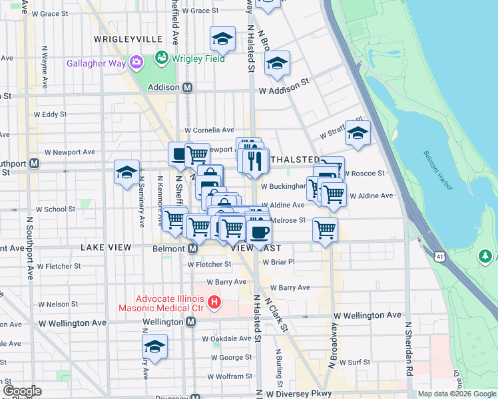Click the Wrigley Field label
pos(198,59)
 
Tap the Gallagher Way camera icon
pos(137,63)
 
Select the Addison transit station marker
pos(188,87)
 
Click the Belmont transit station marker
pos(192,248)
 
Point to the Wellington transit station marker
pos(191,322)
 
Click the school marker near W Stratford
pos(358,133)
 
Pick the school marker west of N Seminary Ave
pos(126,173)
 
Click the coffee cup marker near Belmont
pos(259,231)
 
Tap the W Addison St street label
pos(285,82)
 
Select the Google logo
pos(22,391)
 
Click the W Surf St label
pos(355,362)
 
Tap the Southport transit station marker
pos(33,162)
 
